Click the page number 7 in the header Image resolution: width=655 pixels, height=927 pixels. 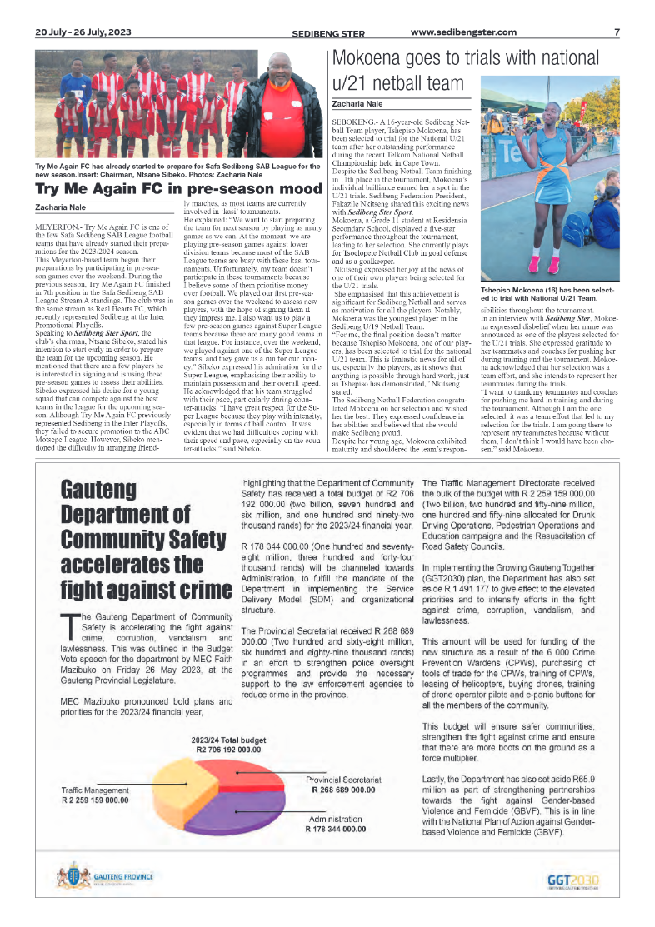pyautogui.click(x=617, y=32)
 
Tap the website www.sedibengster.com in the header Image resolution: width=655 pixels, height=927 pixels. pyautogui.click(x=463, y=32)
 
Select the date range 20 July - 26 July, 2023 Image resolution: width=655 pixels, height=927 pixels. pyautogui.click(x=83, y=32)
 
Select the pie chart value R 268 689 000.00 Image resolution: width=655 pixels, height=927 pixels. pyautogui.click(x=343, y=790)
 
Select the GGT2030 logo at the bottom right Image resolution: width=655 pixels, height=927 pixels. pyautogui.click(x=573, y=880)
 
